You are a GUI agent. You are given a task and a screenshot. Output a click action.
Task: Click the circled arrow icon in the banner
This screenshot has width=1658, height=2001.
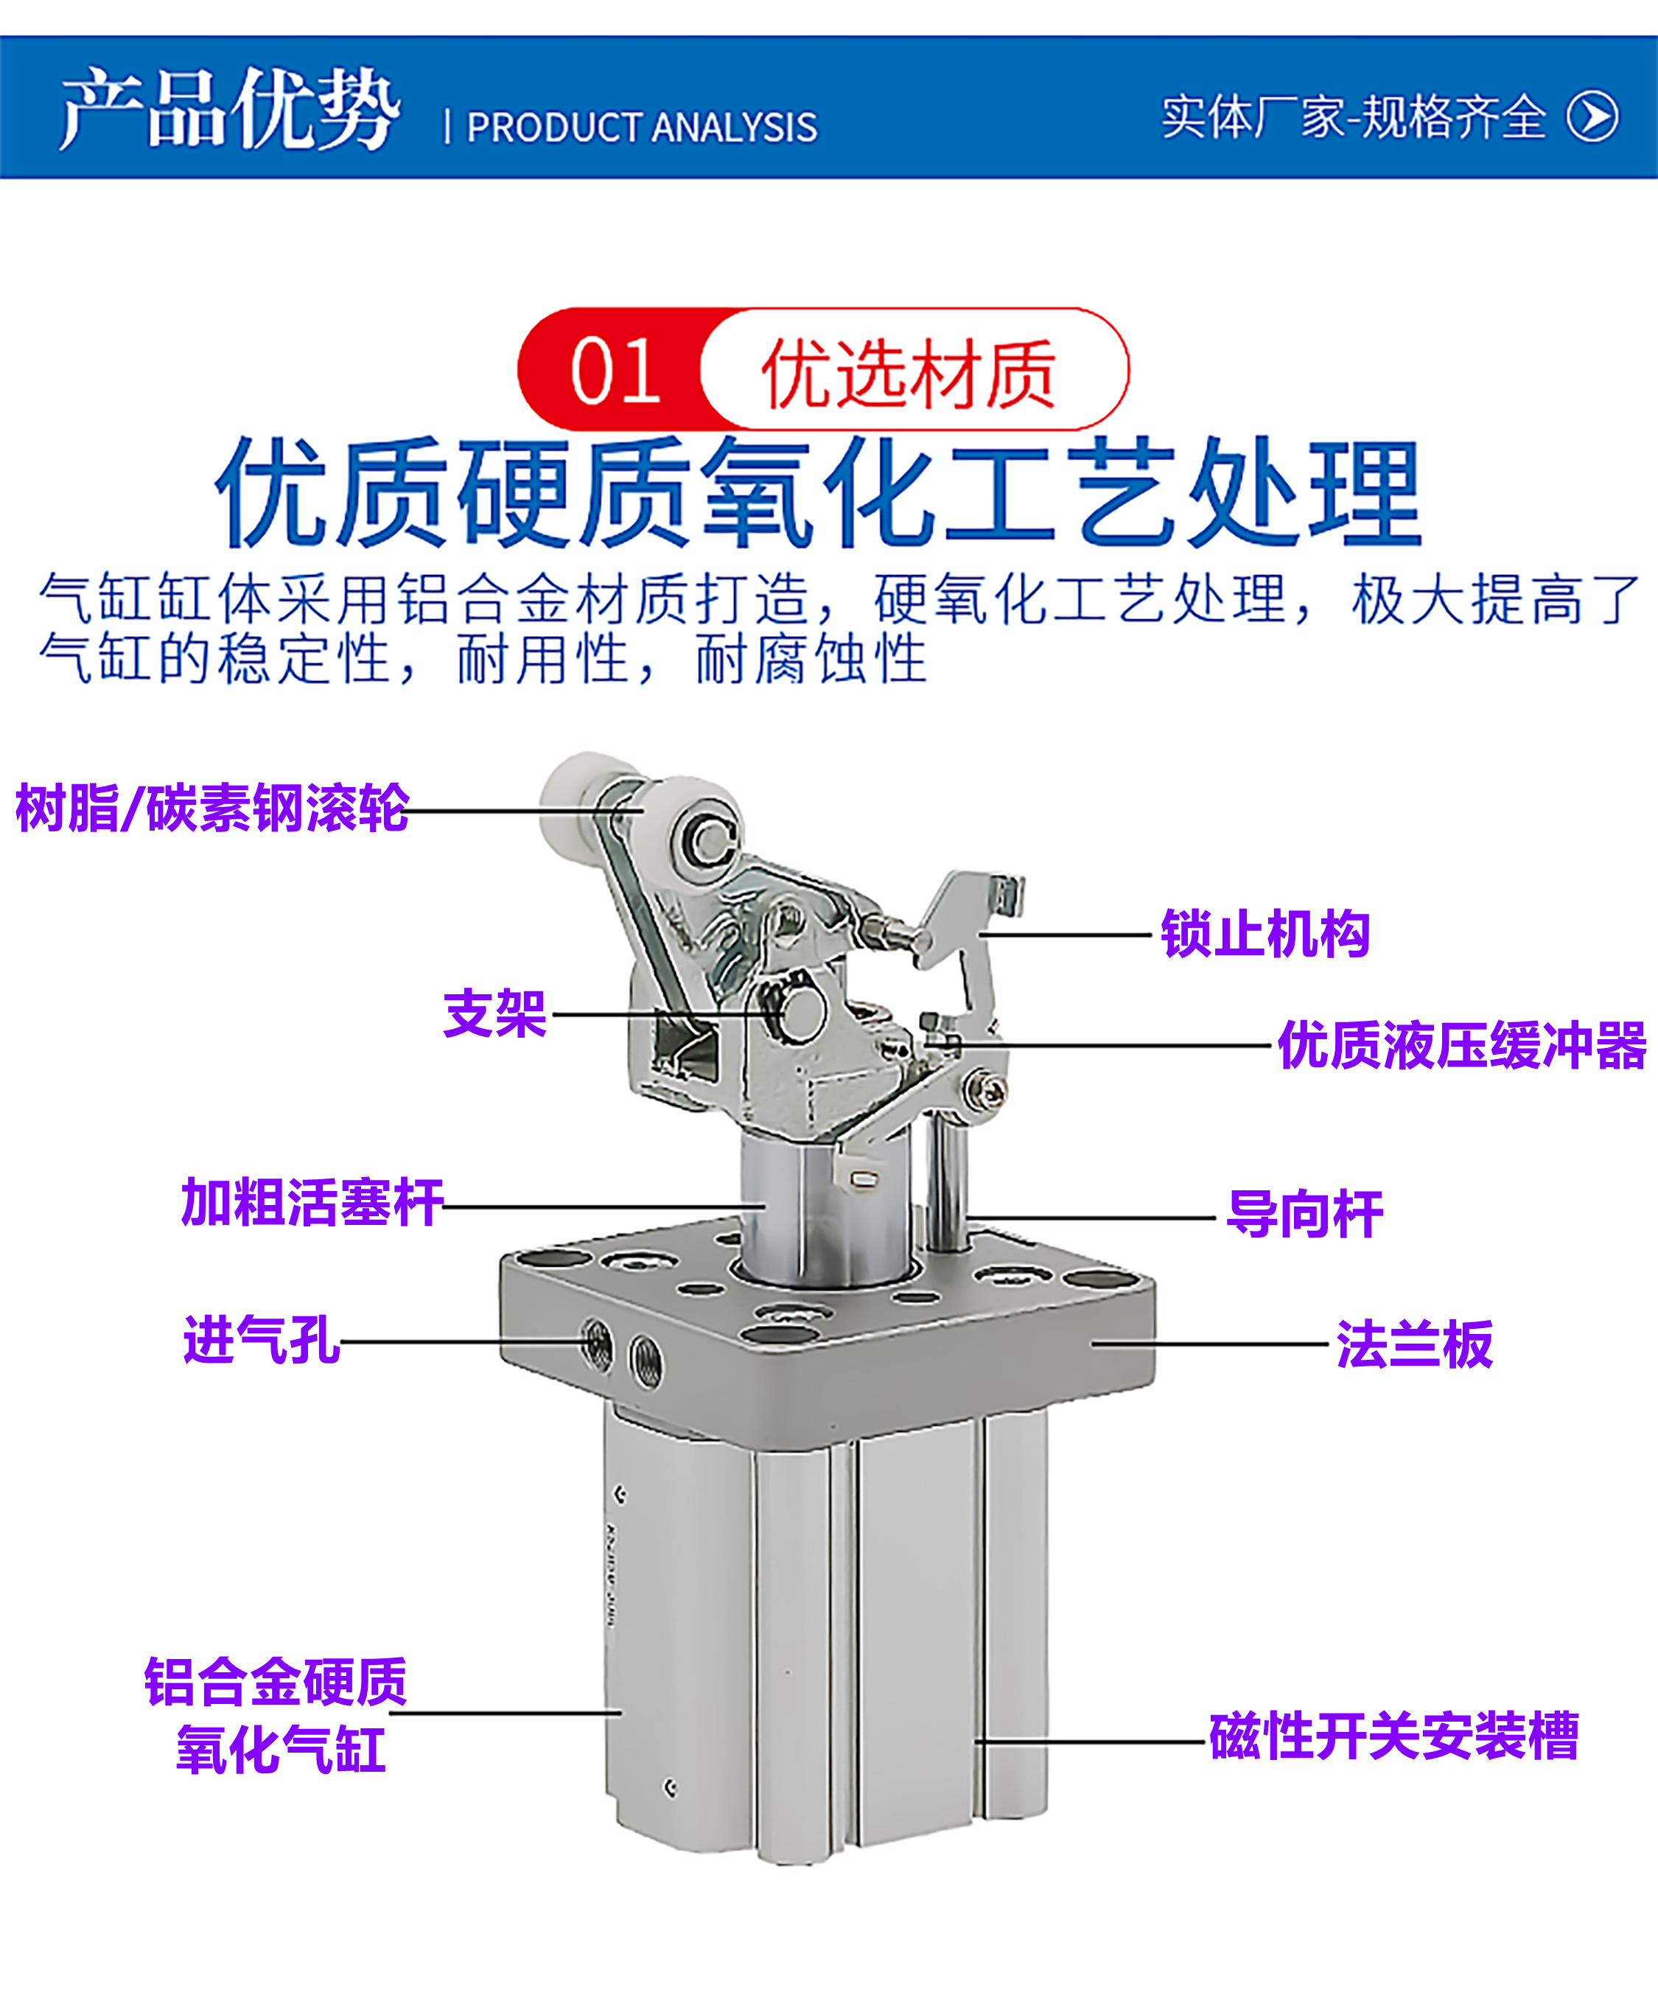(1592, 116)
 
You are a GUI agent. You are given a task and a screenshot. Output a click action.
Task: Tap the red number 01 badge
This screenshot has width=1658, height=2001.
(615, 371)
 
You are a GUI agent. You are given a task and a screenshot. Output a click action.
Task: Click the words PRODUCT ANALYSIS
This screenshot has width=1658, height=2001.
(641, 128)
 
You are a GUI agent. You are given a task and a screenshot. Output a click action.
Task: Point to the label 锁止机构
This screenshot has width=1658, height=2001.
(1265, 934)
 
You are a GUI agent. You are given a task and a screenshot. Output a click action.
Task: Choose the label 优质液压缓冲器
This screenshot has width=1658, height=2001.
(1462, 1045)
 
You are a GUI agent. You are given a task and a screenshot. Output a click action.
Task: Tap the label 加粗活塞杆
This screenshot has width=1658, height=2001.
(312, 1203)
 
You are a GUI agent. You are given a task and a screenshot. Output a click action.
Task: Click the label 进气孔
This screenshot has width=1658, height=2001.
(261, 1341)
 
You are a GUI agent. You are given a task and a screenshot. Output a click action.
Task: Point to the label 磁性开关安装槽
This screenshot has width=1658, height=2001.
(1393, 1736)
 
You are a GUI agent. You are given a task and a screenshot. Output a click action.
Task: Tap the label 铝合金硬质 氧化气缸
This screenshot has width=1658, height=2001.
(277, 1715)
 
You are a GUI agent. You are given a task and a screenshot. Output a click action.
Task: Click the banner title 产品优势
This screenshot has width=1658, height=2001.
(228, 110)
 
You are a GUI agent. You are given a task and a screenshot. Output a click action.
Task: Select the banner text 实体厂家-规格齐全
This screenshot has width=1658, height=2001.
(1353, 117)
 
